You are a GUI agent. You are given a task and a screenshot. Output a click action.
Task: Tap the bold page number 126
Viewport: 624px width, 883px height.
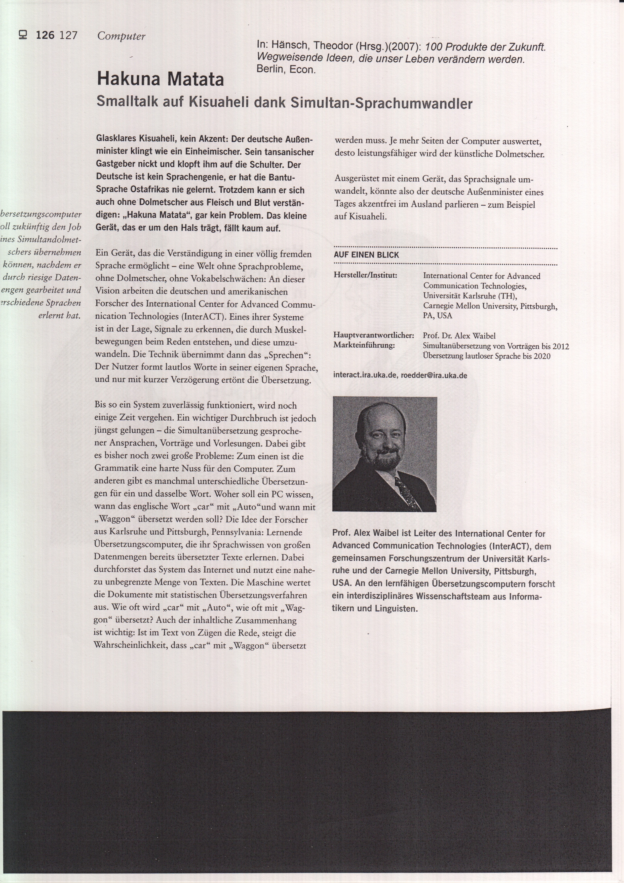tap(45, 36)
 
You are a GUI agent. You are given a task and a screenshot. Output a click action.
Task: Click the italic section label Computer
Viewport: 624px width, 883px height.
tap(121, 36)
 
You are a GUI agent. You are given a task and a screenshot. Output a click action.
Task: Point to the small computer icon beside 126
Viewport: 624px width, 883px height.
tap(23, 35)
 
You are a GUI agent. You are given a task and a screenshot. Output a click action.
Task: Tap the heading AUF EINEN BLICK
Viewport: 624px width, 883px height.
tap(366, 255)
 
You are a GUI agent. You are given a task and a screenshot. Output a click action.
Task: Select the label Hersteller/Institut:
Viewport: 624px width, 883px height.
tap(365, 275)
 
